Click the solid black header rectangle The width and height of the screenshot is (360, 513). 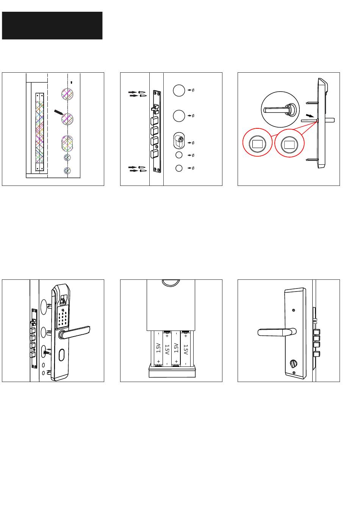coord(52,25)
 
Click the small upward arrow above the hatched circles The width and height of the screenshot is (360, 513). coord(72,82)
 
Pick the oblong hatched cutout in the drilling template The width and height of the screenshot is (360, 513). coord(67,144)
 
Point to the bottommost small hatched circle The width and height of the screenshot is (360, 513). coord(67,170)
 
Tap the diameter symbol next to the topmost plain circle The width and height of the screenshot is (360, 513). coord(193,90)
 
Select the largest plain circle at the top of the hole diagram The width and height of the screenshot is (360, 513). coord(179,90)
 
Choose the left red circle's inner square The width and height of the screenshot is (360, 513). coord(258,144)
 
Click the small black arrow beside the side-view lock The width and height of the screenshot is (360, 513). coord(310,115)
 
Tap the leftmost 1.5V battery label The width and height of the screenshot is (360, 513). coord(158,348)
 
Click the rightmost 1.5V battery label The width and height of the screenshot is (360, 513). coord(186,348)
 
